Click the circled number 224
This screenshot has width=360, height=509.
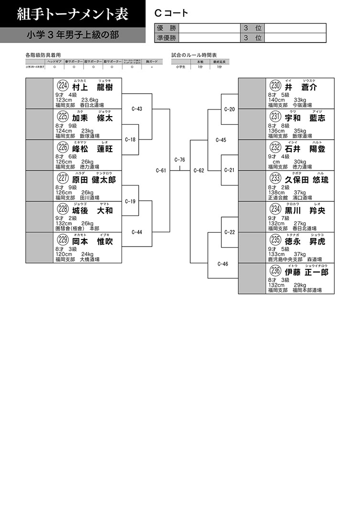click(63, 87)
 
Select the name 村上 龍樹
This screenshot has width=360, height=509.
click(92, 87)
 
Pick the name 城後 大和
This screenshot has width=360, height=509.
click(92, 210)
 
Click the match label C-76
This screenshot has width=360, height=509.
click(180, 160)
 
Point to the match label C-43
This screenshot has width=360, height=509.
click(137, 109)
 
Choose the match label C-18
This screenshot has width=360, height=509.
click(130, 140)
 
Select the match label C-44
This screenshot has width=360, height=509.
click(137, 232)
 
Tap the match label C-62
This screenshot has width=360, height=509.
click(199, 170)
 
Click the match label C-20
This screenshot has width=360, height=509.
click(229, 109)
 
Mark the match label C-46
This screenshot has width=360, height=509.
click(223, 263)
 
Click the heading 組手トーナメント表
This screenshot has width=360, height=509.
click(72, 14)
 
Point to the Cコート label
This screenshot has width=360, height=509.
click(171, 13)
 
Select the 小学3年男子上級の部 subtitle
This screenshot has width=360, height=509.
click(73, 35)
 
